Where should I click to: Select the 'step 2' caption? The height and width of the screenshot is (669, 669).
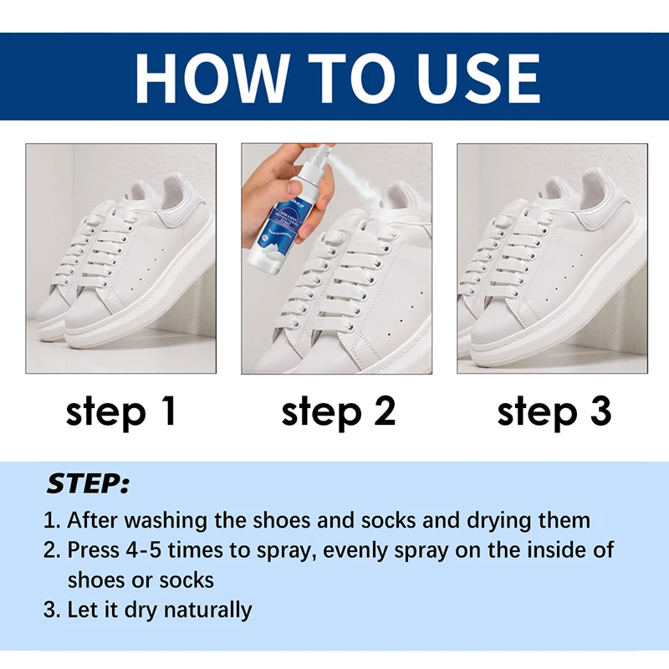tap(337, 412)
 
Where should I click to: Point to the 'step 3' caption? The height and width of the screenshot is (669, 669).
tap(554, 412)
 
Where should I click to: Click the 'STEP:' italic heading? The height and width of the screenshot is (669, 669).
tap(88, 483)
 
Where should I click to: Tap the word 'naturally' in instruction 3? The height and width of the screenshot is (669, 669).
tap(207, 610)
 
